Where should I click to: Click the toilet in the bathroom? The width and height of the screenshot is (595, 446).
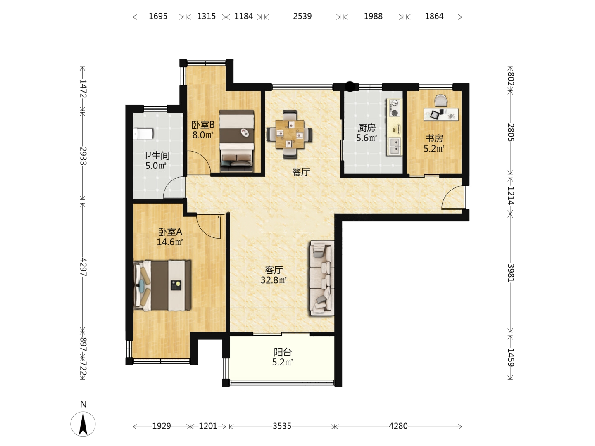(x=143, y=134)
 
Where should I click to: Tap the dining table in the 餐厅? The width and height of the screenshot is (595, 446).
(x=290, y=134)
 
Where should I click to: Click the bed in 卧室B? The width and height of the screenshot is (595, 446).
(x=237, y=141)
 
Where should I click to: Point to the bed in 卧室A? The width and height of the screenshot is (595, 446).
(x=162, y=285)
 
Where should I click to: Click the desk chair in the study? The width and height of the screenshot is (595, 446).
(x=440, y=100)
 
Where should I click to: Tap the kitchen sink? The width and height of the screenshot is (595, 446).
(x=394, y=146)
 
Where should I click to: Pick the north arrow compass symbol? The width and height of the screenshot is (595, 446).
(x=83, y=424)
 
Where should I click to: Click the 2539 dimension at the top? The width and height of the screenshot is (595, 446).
(x=302, y=16)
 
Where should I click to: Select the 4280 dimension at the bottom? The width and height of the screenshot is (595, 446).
(x=398, y=426)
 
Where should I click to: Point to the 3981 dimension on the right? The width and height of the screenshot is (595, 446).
(x=511, y=273)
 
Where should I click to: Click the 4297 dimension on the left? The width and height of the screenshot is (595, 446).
(x=83, y=267)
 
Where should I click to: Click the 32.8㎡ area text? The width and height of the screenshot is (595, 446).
(x=274, y=280)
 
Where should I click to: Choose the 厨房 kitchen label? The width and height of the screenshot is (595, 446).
(x=367, y=128)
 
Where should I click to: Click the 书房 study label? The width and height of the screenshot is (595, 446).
(x=434, y=138)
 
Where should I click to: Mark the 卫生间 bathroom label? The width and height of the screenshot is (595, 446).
(x=156, y=155)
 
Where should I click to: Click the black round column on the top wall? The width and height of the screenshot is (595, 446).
(x=350, y=87)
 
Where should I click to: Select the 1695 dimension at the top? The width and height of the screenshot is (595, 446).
(x=158, y=16)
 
